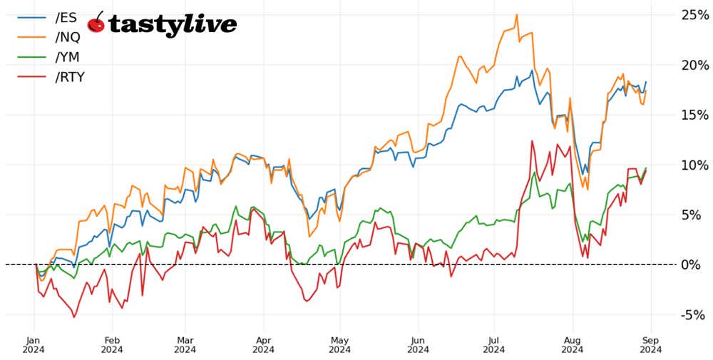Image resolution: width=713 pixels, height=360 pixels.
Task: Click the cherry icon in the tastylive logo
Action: pos(96,23)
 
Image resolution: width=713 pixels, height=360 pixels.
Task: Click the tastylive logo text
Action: pos(172,24)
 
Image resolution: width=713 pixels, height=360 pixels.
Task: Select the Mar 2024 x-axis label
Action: pos(185,344)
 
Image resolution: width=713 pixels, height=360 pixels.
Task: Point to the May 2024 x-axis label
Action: pos(340,344)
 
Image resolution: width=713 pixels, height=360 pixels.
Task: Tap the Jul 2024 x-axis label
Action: pos(493,344)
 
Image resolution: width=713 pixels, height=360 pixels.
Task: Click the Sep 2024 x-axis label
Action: pos(650,344)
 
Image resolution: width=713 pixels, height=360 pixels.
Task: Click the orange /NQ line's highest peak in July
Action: pos(516,14)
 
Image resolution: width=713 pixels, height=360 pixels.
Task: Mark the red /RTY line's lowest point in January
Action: pos(73,317)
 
